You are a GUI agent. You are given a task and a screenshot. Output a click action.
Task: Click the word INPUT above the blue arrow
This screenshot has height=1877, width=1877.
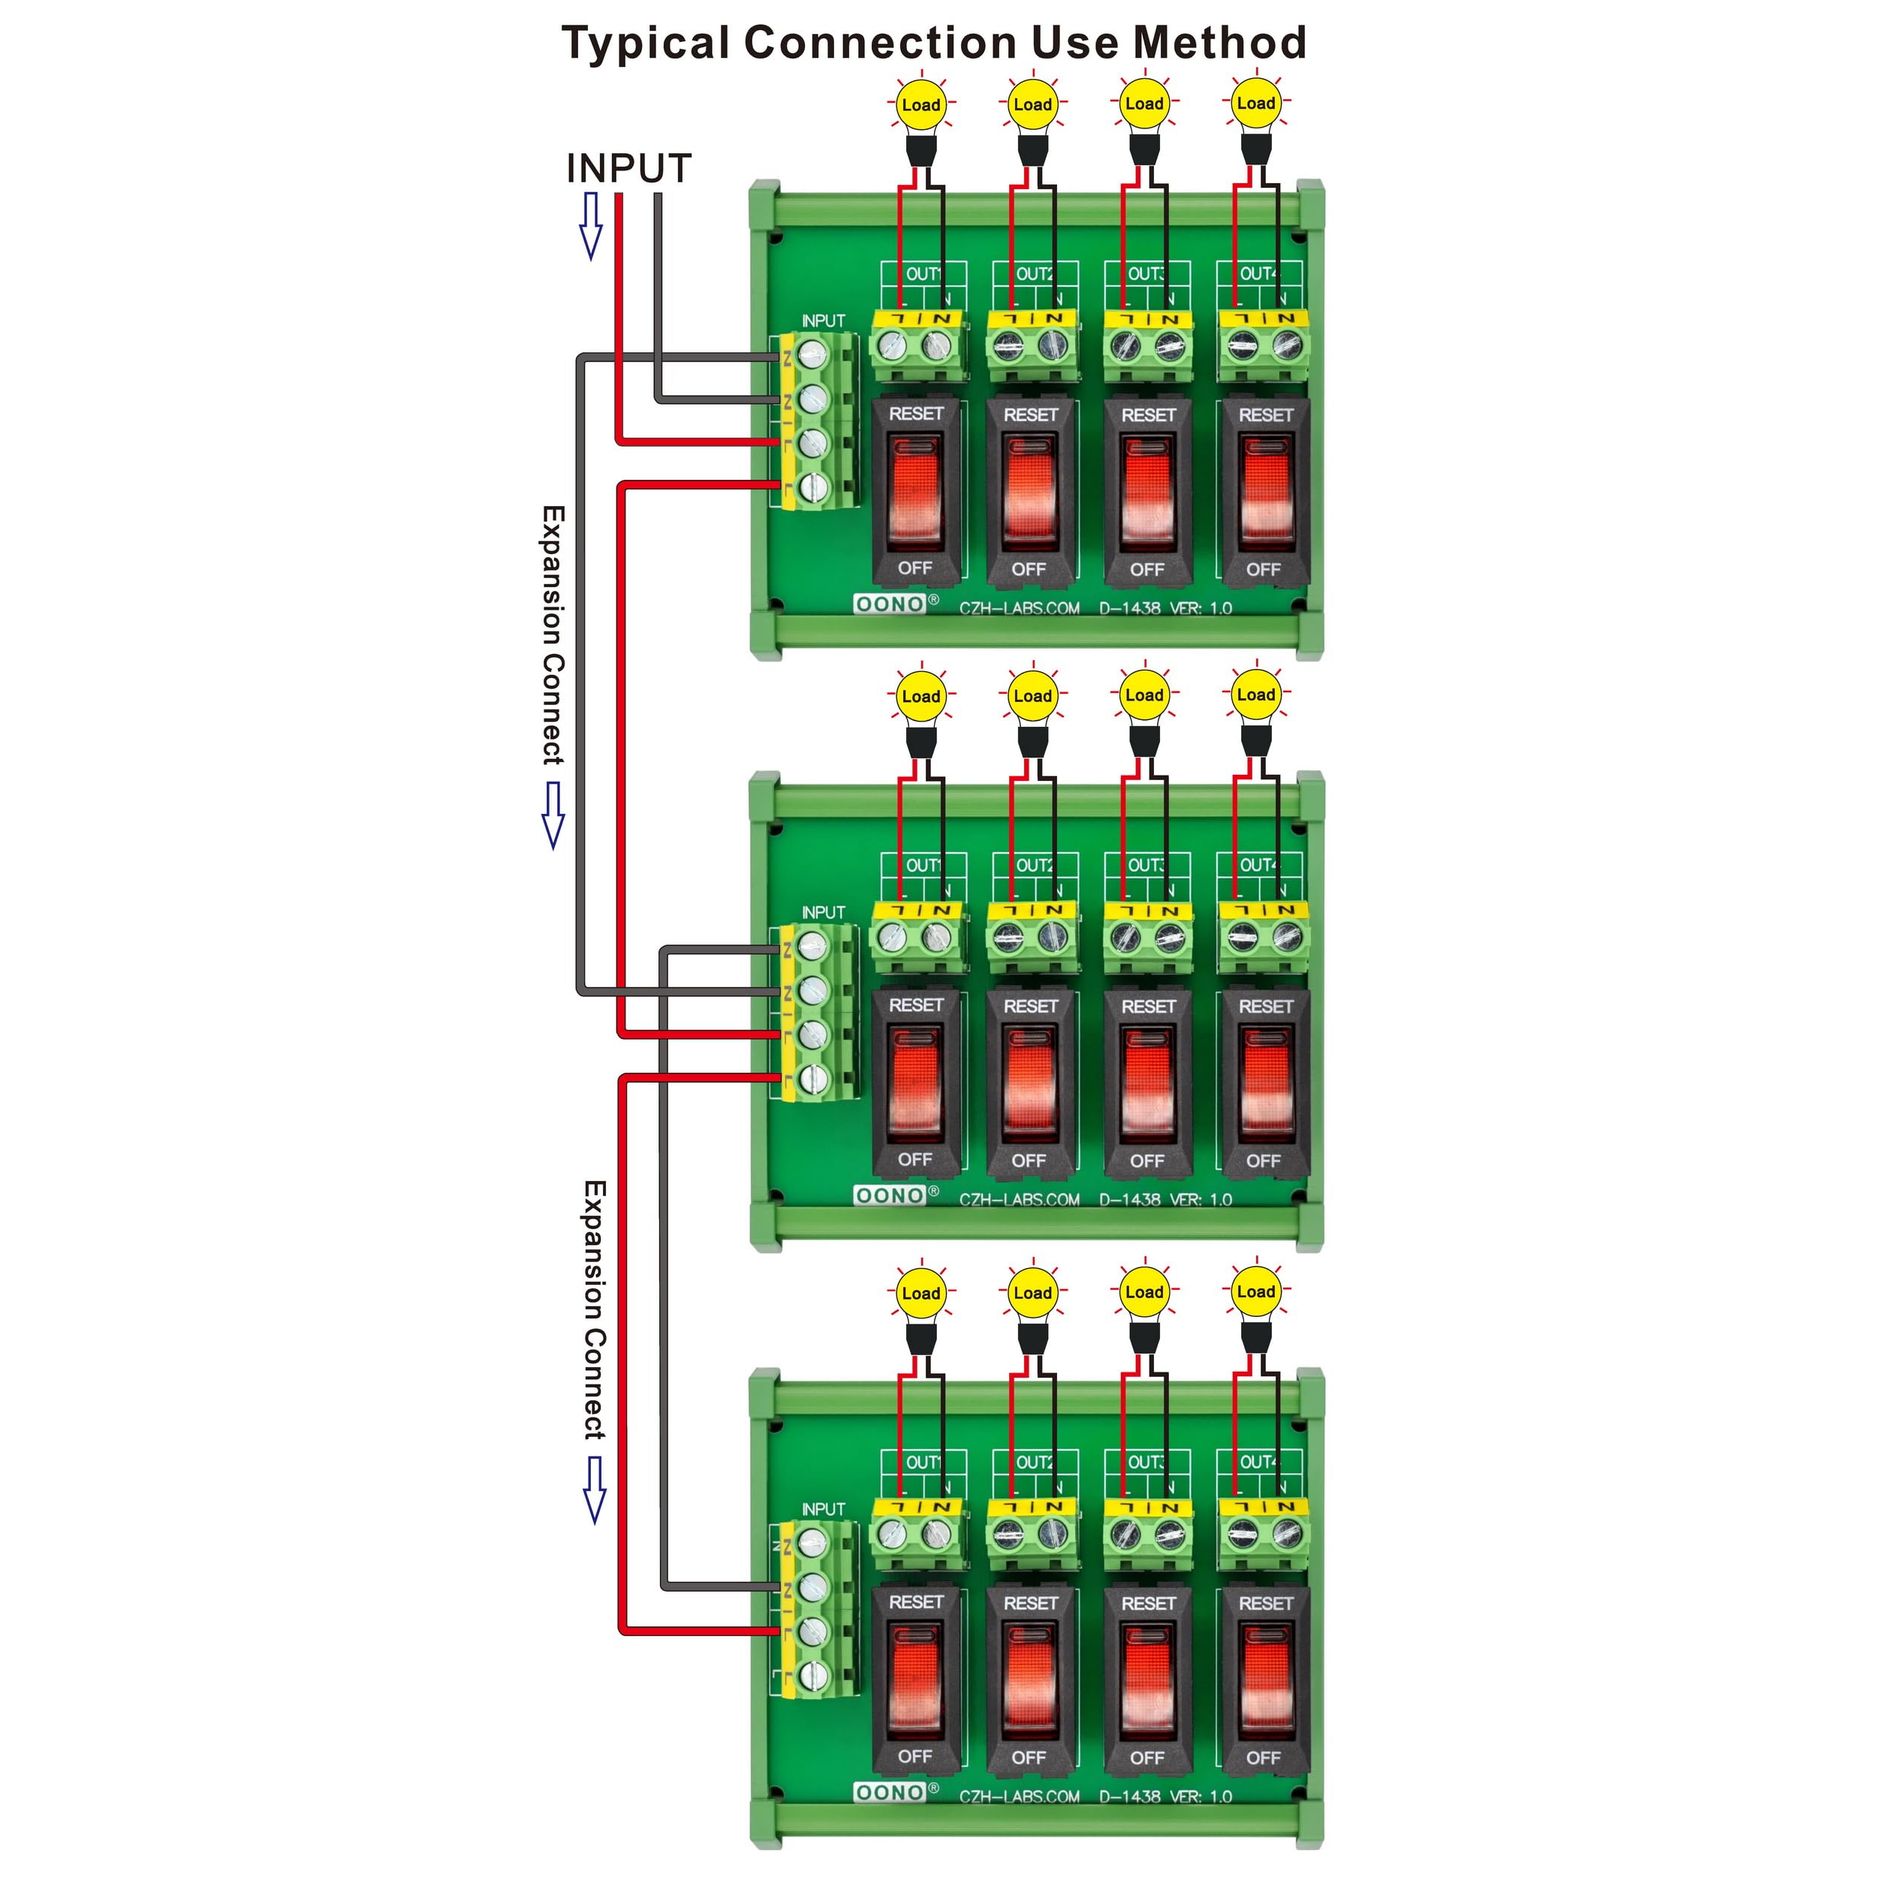[x=628, y=168]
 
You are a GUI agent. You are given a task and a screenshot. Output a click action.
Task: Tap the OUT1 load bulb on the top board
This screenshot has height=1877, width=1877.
[x=920, y=105]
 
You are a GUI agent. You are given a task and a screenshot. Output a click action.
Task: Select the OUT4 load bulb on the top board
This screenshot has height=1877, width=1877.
[x=1255, y=103]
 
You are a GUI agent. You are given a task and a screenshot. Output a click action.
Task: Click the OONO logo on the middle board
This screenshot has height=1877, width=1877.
[x=889, y=1196]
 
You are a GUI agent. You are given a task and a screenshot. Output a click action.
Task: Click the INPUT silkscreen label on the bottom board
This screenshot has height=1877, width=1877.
[x=823, y=1509]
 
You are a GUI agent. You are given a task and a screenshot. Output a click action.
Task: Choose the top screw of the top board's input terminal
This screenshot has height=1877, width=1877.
[x=812, y=354]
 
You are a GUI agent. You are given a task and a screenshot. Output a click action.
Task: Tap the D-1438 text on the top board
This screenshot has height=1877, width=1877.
[x=1129, y=608]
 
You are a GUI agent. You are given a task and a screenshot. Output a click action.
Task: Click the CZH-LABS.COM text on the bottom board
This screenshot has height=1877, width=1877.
[x=1019, y=1797]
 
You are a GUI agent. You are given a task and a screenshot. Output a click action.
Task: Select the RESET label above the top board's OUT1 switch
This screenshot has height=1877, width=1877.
[x=915, y=414]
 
